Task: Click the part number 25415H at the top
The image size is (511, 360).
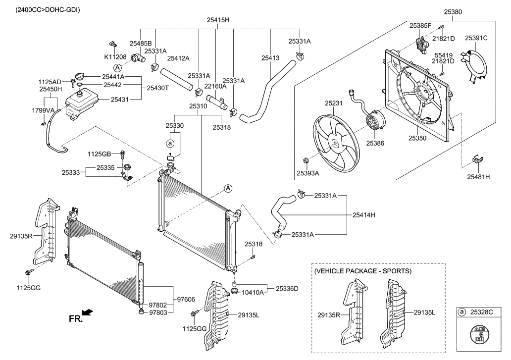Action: (x=217, y=20)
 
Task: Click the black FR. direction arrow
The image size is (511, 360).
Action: (x=87, y=312)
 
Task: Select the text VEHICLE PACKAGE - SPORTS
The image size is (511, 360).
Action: (x=363, y=271)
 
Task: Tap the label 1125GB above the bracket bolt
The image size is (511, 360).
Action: (x=100, y=154)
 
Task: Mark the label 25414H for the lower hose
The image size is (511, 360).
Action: (x=364, y=215)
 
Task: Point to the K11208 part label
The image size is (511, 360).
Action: (x=114, y=57)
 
